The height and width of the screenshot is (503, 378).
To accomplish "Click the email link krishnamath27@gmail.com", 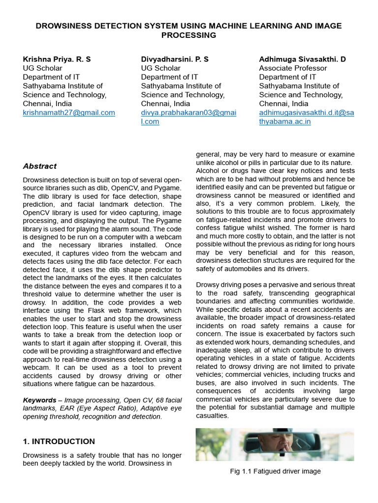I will coord(69,112).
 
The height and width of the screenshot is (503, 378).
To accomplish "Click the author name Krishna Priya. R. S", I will coord(57,59).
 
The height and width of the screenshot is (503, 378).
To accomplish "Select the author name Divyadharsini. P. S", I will coord(175,59).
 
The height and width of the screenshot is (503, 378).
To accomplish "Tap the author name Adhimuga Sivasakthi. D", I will coord(302,59).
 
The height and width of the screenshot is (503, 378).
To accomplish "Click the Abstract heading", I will coord(40,166).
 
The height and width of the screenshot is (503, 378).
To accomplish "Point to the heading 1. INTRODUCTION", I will coord(59,441).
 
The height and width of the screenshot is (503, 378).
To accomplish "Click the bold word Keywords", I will coord(39,400).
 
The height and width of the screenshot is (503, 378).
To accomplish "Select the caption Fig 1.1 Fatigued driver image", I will coord(275,471).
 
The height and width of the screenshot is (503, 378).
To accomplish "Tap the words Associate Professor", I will coord(293,68).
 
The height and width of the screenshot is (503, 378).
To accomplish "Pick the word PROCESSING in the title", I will coord(189,35).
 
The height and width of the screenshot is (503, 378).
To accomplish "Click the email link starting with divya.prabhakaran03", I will coord(189,112).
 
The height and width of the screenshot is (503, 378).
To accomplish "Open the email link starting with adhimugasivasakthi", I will coord(306,112).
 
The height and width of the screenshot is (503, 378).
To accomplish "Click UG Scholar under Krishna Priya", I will coord(43,68).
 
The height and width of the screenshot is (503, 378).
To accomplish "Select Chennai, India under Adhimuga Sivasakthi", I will coord(283,104).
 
